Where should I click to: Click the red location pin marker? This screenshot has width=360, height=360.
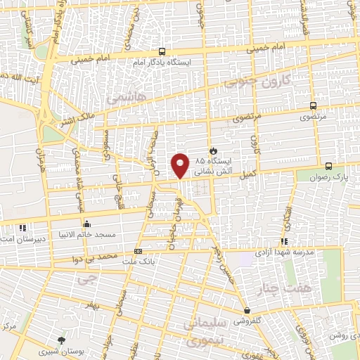tap(180, 165)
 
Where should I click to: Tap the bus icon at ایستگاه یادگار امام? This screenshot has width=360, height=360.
tap(162, 51)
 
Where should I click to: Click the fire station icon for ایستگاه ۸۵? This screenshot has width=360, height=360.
tap(213, 150)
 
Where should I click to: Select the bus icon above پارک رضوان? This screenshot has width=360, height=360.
tap(329, 167)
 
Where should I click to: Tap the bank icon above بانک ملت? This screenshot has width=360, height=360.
tap(138, 251)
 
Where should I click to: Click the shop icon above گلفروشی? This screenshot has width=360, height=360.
tap(247, 310)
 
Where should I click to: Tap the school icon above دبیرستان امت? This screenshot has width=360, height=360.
tap(22, 227)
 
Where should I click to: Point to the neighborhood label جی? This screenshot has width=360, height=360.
tap(86, 278)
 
